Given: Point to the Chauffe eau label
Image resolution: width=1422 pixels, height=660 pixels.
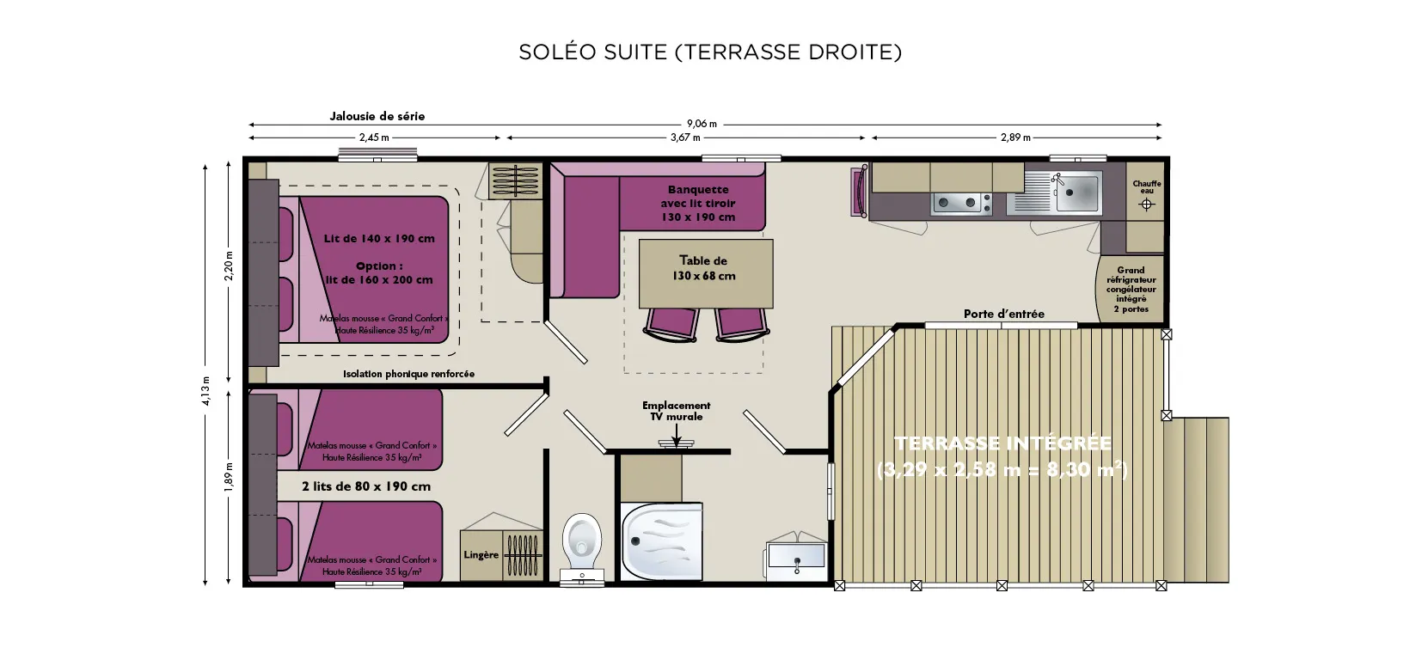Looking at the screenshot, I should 1146,186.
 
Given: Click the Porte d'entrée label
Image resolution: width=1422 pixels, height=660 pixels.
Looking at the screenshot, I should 1003,314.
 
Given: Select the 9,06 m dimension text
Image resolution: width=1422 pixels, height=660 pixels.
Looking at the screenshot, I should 702,125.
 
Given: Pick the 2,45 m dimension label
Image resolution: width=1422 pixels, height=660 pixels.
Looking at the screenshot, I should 374,137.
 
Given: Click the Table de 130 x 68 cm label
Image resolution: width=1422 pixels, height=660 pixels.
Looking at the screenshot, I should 703,268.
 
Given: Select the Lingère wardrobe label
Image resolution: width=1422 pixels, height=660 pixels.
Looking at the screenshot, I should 481,555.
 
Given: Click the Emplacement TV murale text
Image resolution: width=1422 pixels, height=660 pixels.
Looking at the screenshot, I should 676,411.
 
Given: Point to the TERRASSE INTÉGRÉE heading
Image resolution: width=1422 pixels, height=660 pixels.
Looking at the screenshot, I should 1002,444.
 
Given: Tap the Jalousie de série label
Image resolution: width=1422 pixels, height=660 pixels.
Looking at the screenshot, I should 377,116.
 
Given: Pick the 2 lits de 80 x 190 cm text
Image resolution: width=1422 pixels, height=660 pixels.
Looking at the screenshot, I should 366,486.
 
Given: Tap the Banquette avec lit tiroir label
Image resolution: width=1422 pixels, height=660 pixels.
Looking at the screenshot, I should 698,203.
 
